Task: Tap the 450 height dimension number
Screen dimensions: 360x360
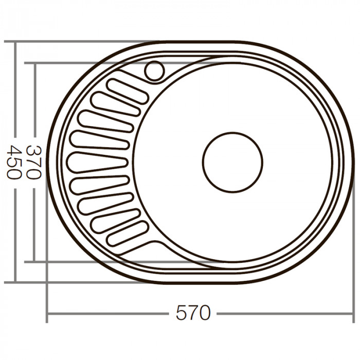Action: (x=14, y=161)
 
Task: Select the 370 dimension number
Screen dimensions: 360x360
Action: (x=33, y=161)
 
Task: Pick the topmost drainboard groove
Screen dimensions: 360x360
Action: (x=127, y=92)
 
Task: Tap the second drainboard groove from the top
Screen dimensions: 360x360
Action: (x=116, y=104)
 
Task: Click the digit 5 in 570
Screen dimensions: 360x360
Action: (x=181, y=313)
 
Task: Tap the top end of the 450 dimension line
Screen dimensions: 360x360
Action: (x=15, y=42)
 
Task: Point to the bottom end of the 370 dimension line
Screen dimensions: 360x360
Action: (x=34, y=261)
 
